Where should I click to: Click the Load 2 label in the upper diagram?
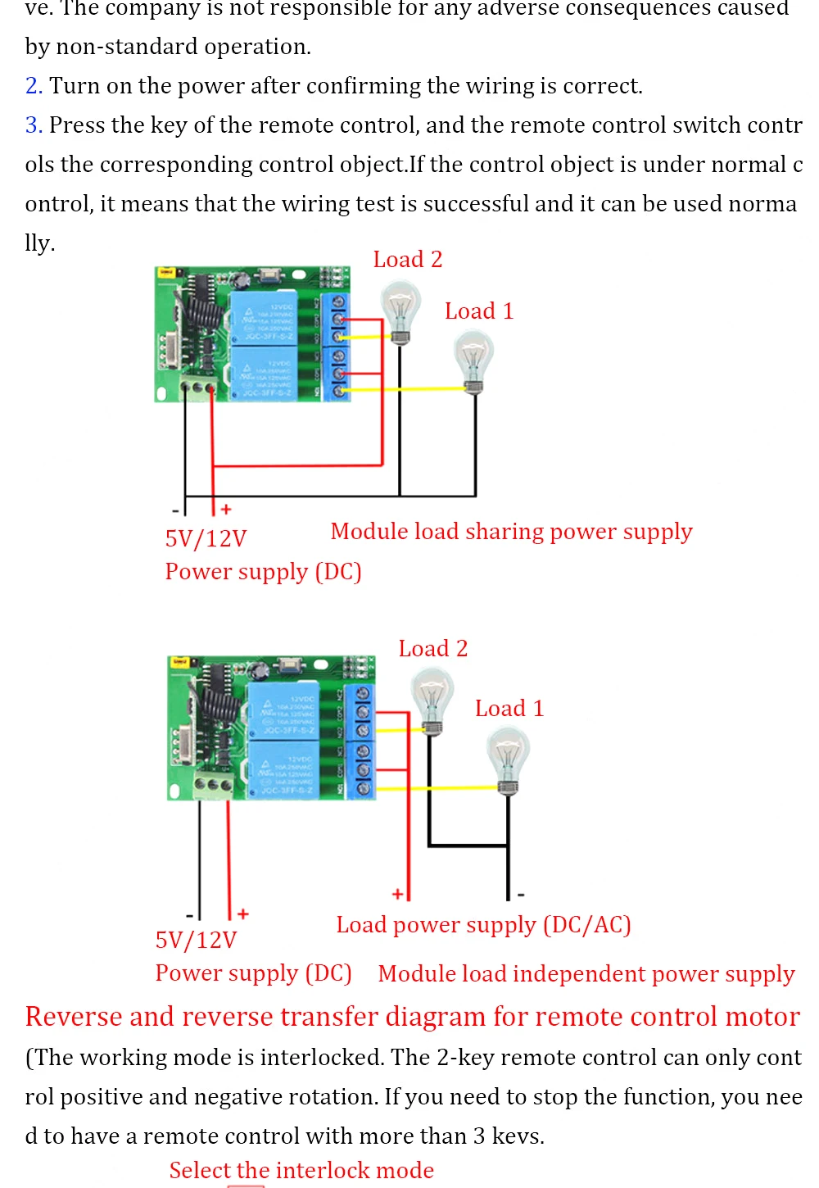[407, 260]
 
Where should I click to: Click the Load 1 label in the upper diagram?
[479, 311]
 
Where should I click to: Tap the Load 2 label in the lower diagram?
[432, 649]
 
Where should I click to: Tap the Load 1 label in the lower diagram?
[509, 709]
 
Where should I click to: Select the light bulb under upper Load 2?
[400, 311]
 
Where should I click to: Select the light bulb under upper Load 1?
[473, 360]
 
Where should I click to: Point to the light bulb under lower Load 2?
[432, 699]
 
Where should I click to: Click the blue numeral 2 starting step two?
[33, 86]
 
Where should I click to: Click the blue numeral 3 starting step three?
[33, 125]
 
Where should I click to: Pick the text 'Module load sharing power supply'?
[511, 532]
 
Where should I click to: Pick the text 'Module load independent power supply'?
[586, 974]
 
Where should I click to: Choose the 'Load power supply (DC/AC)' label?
[483, 925]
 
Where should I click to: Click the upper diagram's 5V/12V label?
[206, 539]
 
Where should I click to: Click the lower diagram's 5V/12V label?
[196, 940]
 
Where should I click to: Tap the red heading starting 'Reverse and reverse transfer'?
[412, 1017]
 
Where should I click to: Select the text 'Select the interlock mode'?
[301, 1171]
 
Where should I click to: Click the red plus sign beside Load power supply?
[397, 894]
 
